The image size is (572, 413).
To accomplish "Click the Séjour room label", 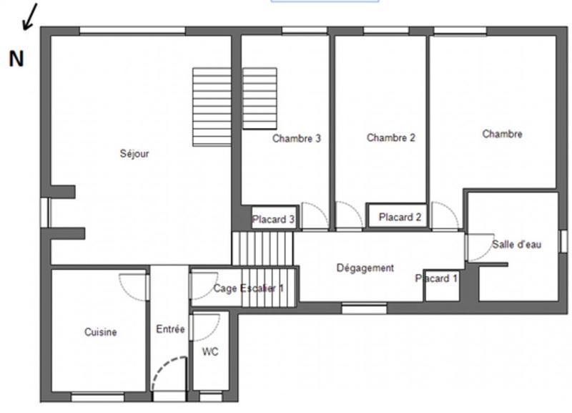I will pos(134,153).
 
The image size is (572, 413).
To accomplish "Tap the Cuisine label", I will pos(100,332).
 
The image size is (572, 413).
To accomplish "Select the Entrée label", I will pos(170,329).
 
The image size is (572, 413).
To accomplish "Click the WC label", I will pos(210,351).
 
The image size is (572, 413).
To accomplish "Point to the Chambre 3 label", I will pos(296,139).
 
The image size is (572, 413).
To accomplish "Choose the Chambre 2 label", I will pos(390,137).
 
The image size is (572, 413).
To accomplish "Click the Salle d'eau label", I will pos(516,244).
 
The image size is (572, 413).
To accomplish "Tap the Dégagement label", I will pos(365,268).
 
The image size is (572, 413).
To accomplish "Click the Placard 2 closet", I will pos(400,217).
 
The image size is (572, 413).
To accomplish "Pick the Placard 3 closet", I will pos(273,219).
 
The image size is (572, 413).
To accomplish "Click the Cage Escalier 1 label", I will pos(249,288).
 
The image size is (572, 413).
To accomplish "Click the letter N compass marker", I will pos(16,59).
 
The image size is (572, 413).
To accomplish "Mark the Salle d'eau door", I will pos(477,248).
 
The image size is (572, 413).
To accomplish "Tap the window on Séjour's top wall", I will pos(132,30).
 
